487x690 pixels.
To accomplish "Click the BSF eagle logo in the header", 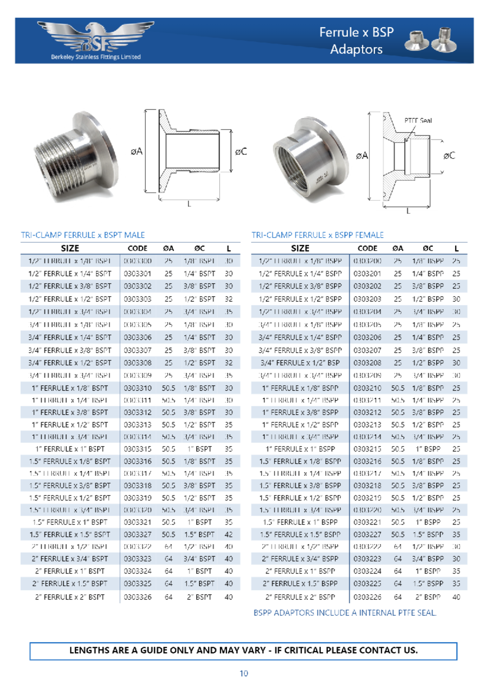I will (96, 39).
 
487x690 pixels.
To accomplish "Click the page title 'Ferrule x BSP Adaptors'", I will (356, 41).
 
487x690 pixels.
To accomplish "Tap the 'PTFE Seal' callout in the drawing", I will (418, 121).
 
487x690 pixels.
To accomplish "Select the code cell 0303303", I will (137, 299).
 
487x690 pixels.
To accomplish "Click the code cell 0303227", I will (367, 534).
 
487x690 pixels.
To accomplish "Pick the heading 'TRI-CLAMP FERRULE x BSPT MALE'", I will (83, 235).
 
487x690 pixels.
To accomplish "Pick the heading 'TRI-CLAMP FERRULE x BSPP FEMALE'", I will (317, 235).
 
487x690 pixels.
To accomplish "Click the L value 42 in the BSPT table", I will (228, 534).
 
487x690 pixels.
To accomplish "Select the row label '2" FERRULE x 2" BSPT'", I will (70, 597).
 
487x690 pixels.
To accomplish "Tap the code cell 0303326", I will (137, 597).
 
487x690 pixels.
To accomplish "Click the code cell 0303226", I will (367, 597).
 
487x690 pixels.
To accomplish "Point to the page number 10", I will (243, 673).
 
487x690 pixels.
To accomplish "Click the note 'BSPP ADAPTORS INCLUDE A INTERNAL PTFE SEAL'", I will (345, 613).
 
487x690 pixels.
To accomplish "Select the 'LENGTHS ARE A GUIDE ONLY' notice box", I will (243, 650).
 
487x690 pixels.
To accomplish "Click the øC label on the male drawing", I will (241, 152).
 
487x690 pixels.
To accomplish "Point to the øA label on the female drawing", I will (362, 156).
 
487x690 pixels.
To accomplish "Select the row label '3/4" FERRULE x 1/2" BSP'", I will (300, 362).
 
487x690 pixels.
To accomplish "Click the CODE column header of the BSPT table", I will (137, 248).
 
